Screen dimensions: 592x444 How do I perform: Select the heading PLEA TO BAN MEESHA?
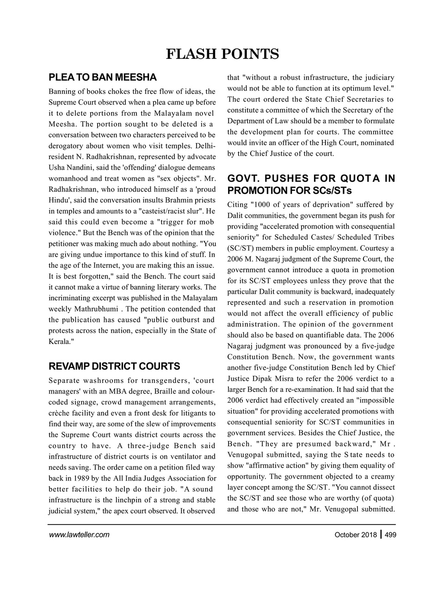103,77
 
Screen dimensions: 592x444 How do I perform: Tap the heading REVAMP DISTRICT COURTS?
114,366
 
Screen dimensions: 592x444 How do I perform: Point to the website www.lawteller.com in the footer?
79,535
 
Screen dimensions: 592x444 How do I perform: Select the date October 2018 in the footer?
355,535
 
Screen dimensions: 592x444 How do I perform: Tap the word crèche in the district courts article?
59,411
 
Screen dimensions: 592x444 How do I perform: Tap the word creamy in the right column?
383,476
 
